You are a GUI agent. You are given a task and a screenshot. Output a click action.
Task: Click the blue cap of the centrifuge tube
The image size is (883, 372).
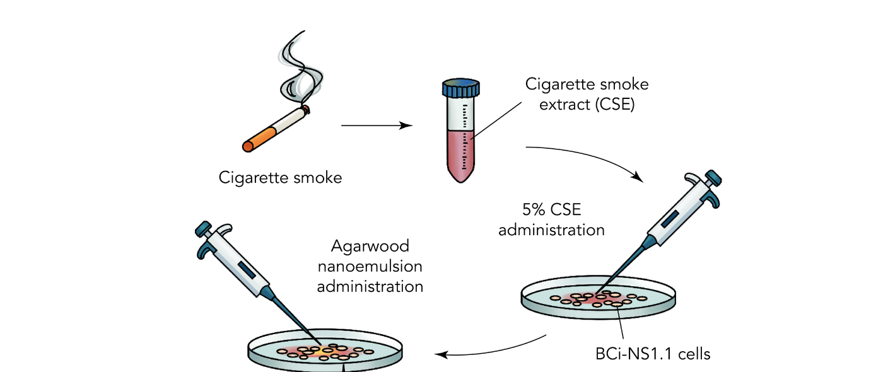(x=461, y=89)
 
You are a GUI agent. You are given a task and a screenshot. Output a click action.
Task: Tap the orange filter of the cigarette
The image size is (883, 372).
(x=259, y=139)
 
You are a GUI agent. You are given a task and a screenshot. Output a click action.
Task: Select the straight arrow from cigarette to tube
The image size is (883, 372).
(x=377, y=125)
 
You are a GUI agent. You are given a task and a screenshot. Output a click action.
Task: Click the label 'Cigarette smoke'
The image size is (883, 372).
(x=280, y=178)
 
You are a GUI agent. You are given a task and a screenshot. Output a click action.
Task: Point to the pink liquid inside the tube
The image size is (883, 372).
(x=462, y=154)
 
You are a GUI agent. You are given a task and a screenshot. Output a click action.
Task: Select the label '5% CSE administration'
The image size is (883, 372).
(x=551, y=219)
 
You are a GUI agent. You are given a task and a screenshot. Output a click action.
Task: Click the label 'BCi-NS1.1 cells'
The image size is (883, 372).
(x=653, y=354)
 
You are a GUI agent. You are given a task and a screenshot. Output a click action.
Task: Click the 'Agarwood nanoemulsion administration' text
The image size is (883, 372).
(x=370, y=265)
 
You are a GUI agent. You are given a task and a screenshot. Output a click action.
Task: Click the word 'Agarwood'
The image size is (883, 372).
(x=370, y=245)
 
